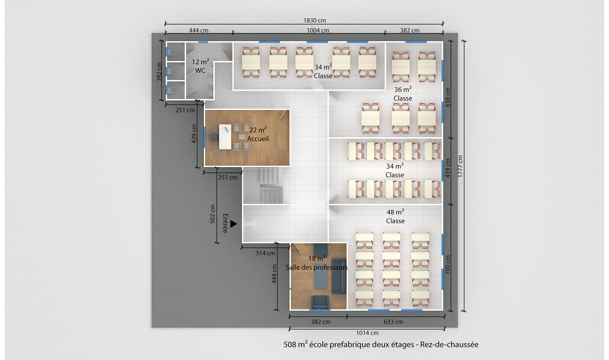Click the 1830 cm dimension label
(315, 20)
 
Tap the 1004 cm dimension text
(318, 30)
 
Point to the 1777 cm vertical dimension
(460, 166)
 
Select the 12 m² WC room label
(200, 66)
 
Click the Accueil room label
(258, 139)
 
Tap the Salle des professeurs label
(317, 267)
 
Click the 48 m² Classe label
(395, 216)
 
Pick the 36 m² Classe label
(402, 94)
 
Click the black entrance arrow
(233, 224)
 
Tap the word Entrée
(225, 223)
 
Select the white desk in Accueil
(225, 137)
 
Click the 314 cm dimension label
(265, 253)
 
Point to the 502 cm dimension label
(213, 214)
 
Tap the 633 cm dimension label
(393, 322)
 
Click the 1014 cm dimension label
(367, 333)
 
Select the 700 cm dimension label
(448, 265)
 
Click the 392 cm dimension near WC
(159, 72)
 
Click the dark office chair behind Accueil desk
(214, 137)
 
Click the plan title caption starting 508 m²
(381, 344)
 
